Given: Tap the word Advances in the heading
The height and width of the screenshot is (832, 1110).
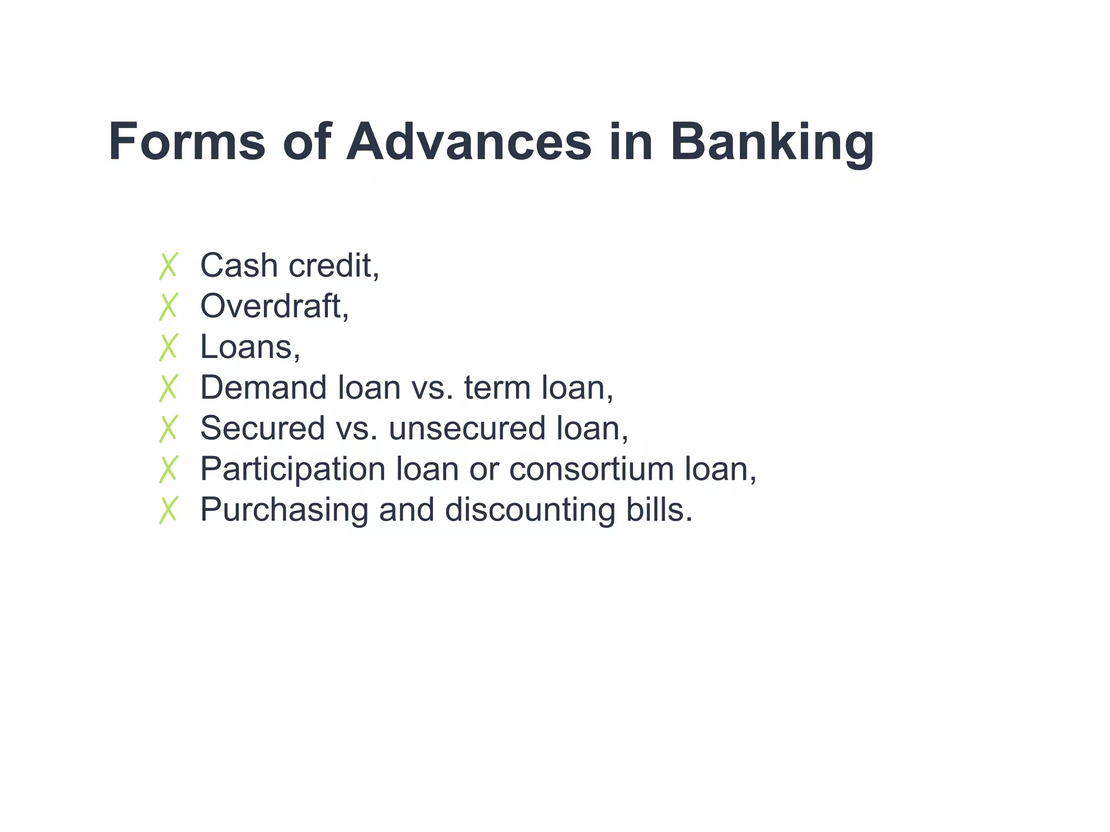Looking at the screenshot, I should coord(469,142).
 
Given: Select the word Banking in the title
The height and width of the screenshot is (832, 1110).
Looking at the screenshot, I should coord(772,142).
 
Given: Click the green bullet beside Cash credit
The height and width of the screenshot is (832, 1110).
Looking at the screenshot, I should coord(169,266).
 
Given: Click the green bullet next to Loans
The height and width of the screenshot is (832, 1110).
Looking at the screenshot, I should coord(169,347).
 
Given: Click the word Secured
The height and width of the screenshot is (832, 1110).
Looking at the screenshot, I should coord(262,428).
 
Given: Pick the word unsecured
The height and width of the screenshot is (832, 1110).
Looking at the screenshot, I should coord(467,428).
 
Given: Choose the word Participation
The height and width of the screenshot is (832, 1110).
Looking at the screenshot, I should coord(293,469).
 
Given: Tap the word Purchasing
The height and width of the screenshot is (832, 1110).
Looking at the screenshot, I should coord(284,510).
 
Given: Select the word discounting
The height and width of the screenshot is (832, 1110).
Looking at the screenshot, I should coord(530,510).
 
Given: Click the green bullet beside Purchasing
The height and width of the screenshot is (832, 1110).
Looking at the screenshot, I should coord(169,510).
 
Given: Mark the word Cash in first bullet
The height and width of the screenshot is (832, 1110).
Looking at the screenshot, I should coord(239,266).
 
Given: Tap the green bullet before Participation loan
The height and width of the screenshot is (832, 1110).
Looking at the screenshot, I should coord(169,469).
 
